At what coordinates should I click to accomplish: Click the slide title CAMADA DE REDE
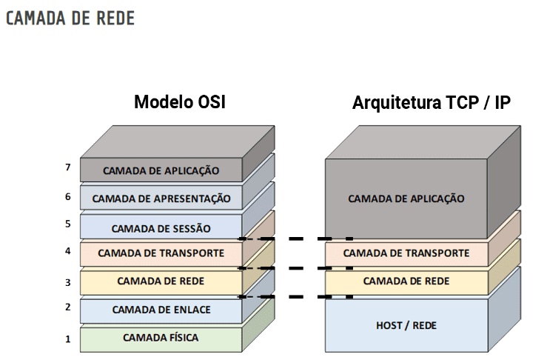pos(70,19)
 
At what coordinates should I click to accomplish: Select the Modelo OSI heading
pos(179,102)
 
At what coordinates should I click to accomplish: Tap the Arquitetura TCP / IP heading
pos(432,102)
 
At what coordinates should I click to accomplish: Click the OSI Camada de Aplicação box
pos(161,170)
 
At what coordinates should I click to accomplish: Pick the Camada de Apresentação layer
pos(161,199)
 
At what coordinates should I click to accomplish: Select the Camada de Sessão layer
pos(161,227)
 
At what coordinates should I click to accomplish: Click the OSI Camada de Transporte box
pos(161,253)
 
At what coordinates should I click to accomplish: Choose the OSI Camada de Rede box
pos(161,281)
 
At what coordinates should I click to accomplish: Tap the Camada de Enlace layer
pos(161,310)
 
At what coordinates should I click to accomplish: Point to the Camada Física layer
pos(161,338)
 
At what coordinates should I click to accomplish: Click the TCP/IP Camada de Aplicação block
pos(406,199)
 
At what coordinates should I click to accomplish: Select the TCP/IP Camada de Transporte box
pos(406,253)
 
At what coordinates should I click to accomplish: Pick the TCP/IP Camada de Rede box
pos(406,281)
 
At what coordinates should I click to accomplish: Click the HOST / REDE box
pos(406,324)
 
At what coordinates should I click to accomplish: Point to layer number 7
pos(67,167)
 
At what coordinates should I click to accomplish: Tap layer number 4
pos(67,251)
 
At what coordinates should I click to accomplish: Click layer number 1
pos(67,339)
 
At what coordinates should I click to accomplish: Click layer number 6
pos(67,196)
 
